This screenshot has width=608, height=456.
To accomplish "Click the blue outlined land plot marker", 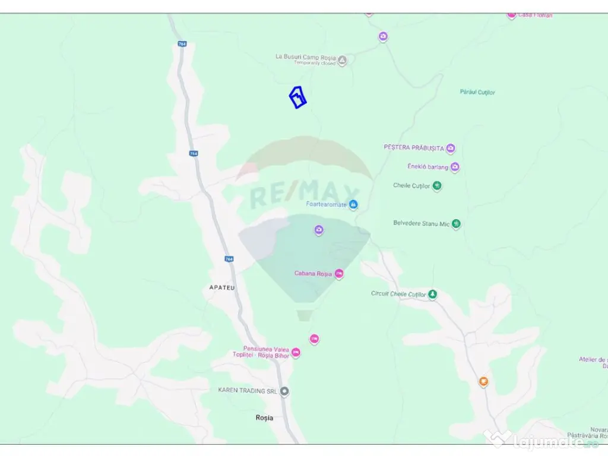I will [x=298, y=97].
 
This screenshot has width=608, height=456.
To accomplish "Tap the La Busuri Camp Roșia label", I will [x=305, y=57].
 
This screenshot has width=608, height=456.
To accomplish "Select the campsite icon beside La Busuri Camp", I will [x=342, y=60].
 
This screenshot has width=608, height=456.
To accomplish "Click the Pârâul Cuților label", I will [x=477, y=92].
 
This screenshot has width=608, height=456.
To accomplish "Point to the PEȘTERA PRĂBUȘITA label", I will [x=414, y=147].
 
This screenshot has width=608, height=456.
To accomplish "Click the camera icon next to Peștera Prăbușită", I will [x=451, y=148].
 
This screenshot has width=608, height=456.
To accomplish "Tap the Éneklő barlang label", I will [x=427, y=167].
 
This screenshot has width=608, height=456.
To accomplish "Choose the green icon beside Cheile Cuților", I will [x=437, y=186].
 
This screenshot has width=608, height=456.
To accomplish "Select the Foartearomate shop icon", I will [x=354, y=205].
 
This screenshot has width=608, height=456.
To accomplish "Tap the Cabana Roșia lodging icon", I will [x=339, y=274].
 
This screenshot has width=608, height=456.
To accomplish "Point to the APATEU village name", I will [x=222, y=287].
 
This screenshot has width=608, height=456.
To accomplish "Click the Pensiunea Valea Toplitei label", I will [x=265, y=352].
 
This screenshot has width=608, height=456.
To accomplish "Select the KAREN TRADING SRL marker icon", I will [x=284, y=391].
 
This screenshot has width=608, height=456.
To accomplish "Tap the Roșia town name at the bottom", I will [x=264, y=418].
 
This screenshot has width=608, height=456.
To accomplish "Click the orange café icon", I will [x=483, y=382].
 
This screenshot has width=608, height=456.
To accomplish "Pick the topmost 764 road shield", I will [x=182, y=44].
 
